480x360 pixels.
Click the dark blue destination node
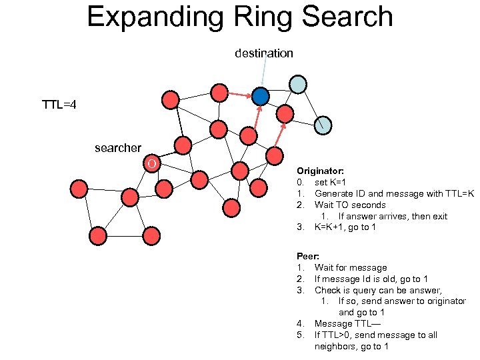click(x=261, y=97)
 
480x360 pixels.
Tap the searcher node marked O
click(x=153, y=164)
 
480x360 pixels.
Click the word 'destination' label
click(x=263, y=53)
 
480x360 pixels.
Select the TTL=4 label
click(x=59, y=105)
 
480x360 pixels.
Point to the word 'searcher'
click(x=118, y=148)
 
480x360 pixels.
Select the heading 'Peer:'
click(x=307, y=256)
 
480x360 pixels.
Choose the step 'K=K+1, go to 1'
click(x=345, y=227)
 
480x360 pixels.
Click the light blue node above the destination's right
click(x=298, y=84)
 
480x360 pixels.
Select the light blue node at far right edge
click(x=323, y=125)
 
